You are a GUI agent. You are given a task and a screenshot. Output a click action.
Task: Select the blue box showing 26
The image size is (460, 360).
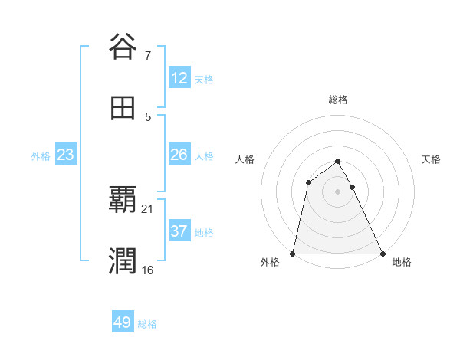[179, 155]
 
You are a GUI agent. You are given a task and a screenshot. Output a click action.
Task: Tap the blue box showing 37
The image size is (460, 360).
[179, 231]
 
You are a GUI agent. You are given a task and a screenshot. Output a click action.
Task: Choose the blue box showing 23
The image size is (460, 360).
[66, 155]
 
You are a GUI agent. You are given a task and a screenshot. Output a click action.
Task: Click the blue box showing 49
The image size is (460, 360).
[123, 322]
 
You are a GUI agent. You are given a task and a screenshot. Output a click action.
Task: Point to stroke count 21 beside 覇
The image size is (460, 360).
[147, 208]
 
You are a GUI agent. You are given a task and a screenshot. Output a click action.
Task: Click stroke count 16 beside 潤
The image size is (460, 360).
[147, 270]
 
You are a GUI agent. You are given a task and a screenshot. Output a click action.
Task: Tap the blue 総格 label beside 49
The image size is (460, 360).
[147, 324]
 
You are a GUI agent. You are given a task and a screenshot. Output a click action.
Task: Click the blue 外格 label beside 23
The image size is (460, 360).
[41, 156]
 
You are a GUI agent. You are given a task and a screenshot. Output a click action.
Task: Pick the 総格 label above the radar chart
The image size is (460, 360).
[338, 100]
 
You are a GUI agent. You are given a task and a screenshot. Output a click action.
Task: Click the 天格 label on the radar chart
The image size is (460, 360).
[431, 159]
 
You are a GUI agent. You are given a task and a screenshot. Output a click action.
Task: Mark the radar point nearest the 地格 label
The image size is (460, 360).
[383, 254]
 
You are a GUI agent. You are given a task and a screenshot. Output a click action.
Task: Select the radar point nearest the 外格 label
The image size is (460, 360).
[293, 254]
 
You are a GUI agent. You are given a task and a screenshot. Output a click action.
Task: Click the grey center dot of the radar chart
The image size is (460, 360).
[338, 191]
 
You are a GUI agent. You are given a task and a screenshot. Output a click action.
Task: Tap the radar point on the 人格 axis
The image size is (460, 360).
[308, 182]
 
